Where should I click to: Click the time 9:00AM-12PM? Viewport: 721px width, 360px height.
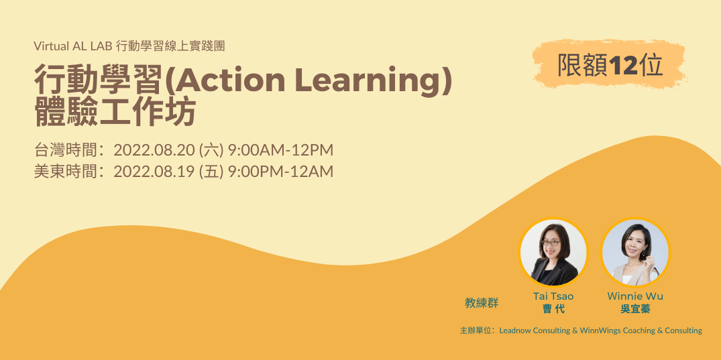[281, 149]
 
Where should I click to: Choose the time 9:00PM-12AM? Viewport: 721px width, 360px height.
[281, 172]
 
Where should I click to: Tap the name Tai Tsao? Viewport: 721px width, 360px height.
[553, 296]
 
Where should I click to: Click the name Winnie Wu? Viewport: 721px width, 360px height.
[635, 296]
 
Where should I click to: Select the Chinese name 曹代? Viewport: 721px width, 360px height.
[553, 309]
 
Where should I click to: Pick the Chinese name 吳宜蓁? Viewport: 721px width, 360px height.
[635, 309]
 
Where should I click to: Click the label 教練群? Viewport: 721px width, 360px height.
[482, 302]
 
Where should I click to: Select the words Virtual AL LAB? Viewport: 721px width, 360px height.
[72, 47]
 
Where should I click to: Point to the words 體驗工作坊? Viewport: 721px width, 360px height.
[115, 112]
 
